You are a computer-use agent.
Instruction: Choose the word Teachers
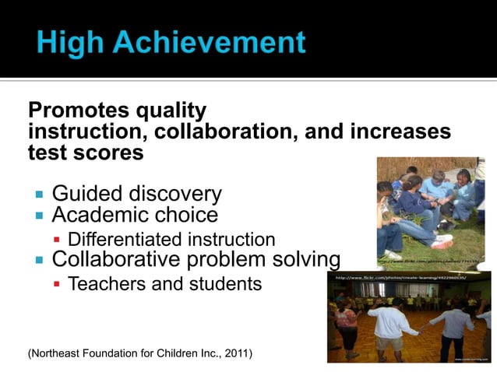pos(106,284)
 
